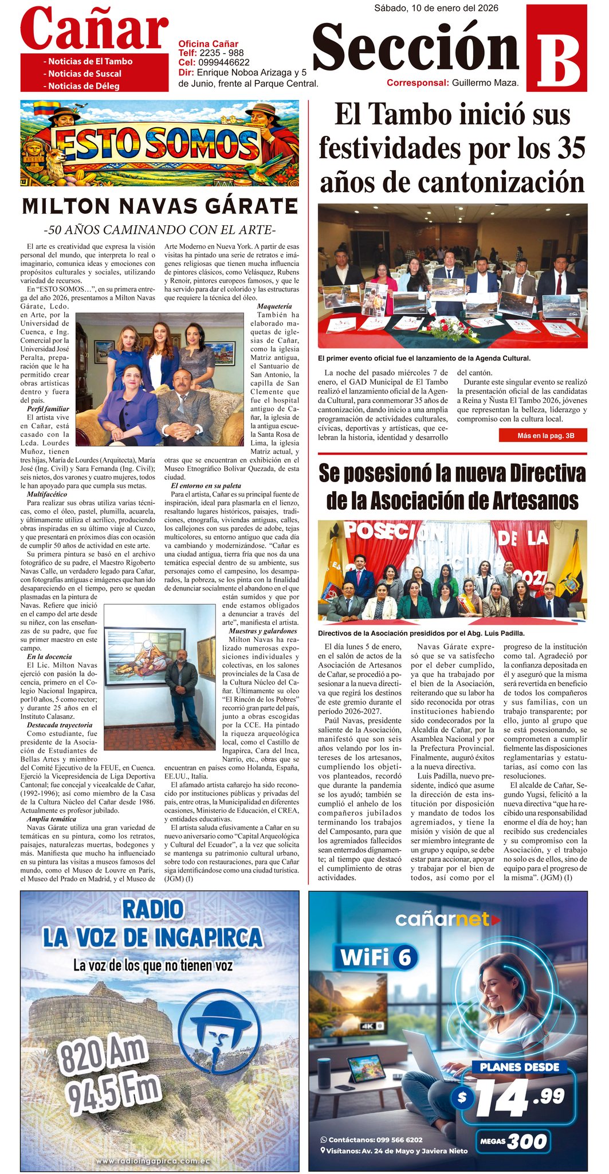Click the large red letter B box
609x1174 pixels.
[x=556, y=49]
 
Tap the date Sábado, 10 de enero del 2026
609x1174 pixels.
[x=436, y=8]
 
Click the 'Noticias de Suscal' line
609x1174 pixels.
[x=85, y=73]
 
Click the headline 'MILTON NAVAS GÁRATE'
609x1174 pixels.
[x=160, y=206]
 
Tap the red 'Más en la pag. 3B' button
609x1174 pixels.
[x=543, y=436]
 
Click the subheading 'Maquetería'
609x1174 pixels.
[x=274, y=307]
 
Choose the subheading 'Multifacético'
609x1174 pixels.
[x=47, y=494]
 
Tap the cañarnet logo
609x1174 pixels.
[x=447, y=919]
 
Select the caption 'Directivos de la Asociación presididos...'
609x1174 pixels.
[x=421, y=633]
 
